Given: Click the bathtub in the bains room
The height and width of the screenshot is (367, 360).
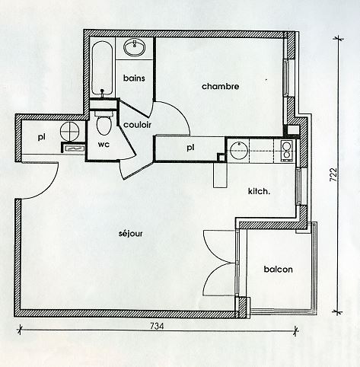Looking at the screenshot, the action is [x=102, y=68].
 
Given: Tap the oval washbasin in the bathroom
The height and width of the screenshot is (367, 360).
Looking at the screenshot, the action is [x=135, y=47].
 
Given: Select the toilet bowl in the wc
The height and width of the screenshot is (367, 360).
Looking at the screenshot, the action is [x=104, y=123].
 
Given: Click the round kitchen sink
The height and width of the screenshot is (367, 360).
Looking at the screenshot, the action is [x=239, y=150].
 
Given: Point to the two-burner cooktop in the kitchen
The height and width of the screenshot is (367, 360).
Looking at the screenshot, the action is [x=287, y=151].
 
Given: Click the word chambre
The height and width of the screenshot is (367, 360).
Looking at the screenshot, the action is [x=220, y=87].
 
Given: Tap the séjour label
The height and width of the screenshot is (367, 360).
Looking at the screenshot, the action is [x=130, y=233].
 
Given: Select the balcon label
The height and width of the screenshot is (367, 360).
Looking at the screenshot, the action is [x=278, y=269].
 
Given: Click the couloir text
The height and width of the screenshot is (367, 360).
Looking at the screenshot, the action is [x=137, y=125].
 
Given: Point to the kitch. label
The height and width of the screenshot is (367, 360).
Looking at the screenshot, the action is [x=259, y=191].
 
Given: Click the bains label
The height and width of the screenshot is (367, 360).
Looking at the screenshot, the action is [x=134, y=78].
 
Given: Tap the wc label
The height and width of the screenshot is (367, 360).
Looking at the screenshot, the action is [x=104, y=145].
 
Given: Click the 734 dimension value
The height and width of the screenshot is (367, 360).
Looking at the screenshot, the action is [x=157, y=326].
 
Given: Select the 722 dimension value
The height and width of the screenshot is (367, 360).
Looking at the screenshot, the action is [x=333, y=174].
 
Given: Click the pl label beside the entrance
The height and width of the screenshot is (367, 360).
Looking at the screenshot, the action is [x=41, y=137].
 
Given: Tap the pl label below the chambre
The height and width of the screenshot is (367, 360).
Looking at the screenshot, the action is [x=190, y=147].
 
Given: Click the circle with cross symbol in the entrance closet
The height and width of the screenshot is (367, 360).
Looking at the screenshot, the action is [x=69, y=132].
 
